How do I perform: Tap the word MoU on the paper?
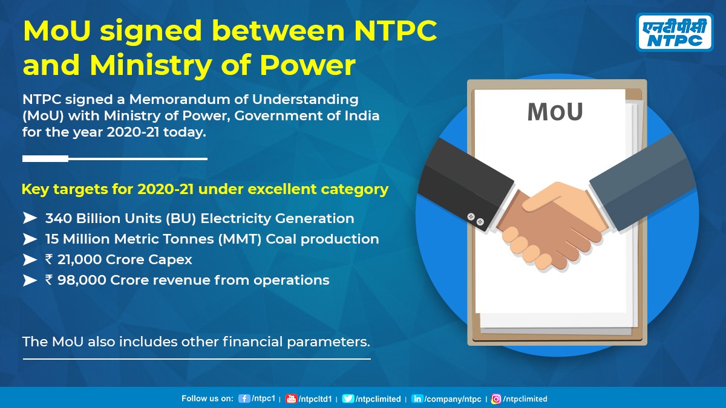[554, 112]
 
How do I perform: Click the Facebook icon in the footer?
[244, 399]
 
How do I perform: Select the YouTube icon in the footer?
[291, 399]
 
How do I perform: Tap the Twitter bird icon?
[348, 399]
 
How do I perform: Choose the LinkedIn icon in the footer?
[417, 399]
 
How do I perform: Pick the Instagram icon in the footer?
[496, 399]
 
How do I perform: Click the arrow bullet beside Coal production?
[30, 239]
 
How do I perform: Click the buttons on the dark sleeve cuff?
[476, 219]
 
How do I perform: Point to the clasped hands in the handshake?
[548, 224]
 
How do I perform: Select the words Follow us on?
[207, 399]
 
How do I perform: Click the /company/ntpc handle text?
[453, 399]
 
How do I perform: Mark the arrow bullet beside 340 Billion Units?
[30, 218]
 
